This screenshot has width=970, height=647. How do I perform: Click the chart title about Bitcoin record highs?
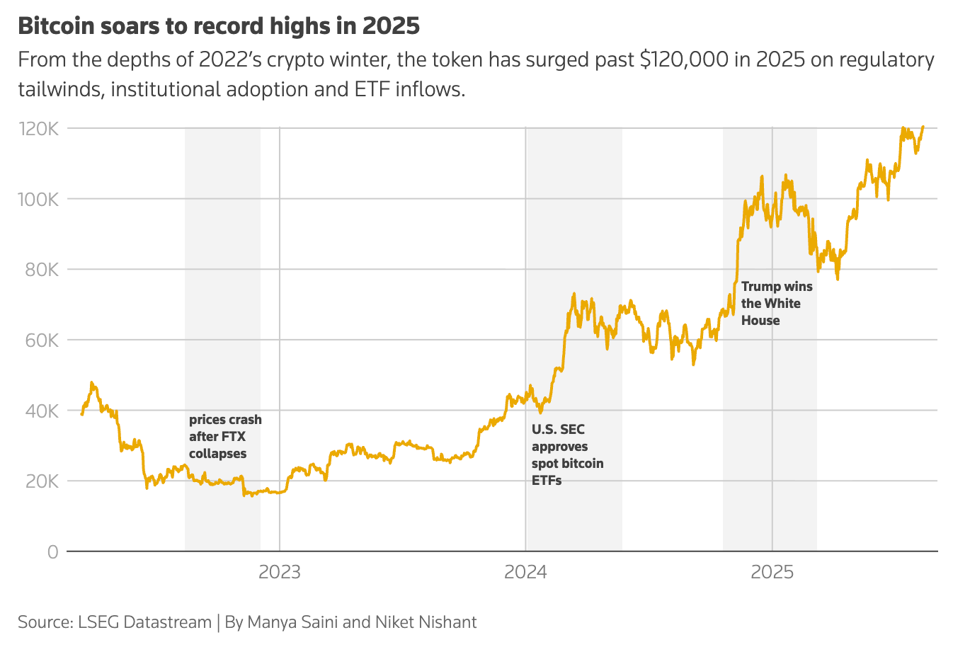(x=219, y=26)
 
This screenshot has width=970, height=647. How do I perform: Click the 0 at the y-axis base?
(x=53, y=552)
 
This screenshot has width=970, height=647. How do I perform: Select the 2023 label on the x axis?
(x=280, y=572)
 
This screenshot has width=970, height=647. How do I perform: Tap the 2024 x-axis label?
(x=525, y=572)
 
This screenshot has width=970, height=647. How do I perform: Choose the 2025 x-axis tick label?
(x=772, y=572)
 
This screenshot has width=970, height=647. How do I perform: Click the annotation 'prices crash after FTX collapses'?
(x=225, y=437)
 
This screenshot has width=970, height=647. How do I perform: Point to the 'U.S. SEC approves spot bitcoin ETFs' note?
(x=567, y=455)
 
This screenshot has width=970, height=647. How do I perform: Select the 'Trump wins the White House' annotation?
(x=777, y=304)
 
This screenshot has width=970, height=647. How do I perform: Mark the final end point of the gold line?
(x=923, y=127)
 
